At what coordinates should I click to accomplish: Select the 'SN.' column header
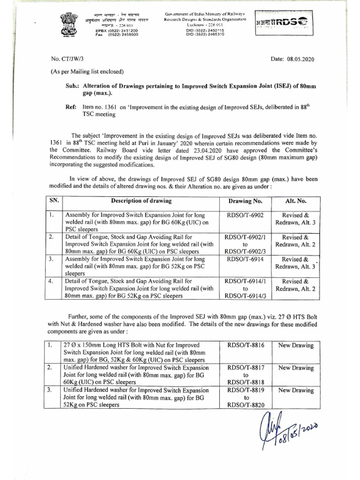tap(54, 201)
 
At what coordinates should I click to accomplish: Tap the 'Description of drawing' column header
tap(141, 201)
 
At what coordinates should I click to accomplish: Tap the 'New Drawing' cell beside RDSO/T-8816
tap(295, 345)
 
